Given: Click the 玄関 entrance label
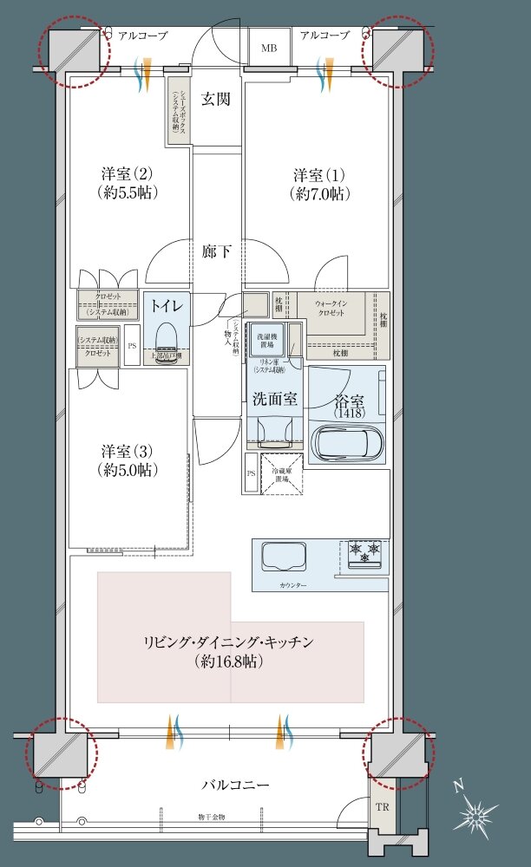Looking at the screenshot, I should [x=216, y=99].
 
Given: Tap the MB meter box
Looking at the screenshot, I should [x=270, y=49].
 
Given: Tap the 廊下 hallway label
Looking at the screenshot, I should [x=216, y=252].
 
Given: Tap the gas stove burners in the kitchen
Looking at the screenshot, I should [x=364, y=552].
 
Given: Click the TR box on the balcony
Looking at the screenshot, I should [x=383, y=805].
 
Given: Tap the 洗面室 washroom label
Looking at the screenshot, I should [x=275, y=400].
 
